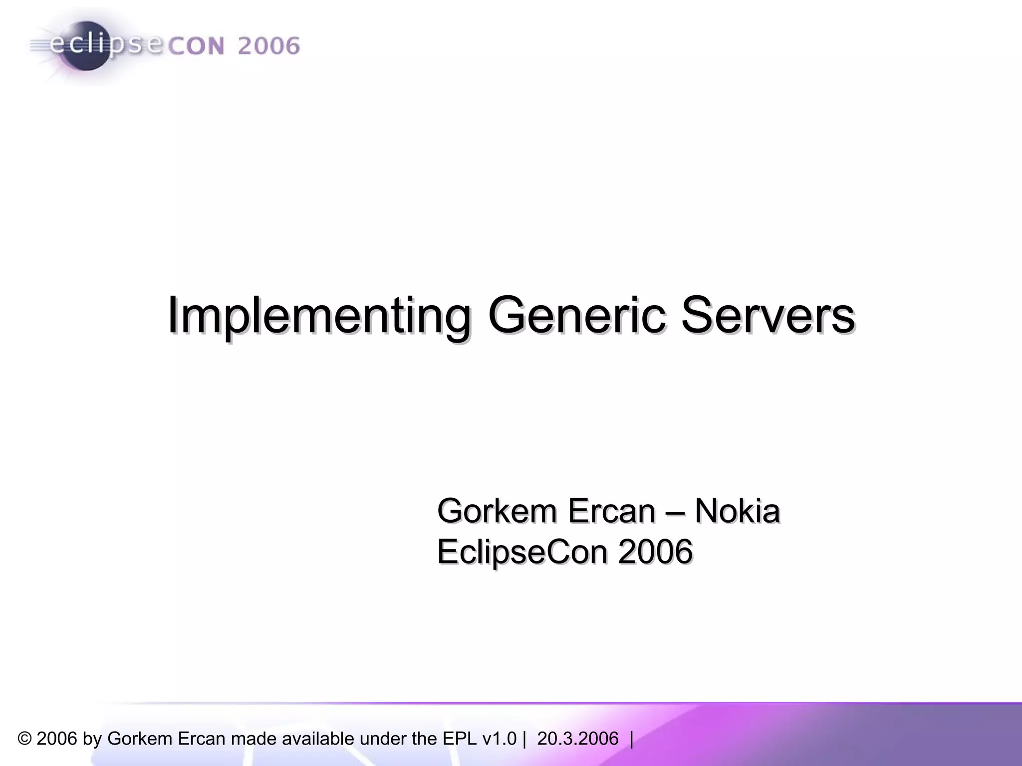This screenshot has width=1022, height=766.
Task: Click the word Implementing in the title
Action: coord(318,315)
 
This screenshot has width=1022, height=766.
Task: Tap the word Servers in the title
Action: coord(768,315)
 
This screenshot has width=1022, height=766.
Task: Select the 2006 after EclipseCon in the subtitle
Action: coord(655,552)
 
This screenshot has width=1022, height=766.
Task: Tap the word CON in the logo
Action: coord(196,46)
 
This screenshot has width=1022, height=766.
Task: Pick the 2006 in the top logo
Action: coord(268,46)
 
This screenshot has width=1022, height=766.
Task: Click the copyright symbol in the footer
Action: coord(24,739)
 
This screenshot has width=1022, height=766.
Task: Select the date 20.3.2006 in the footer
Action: coord(577,739)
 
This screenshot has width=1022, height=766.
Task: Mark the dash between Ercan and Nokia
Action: coord(675,512)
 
